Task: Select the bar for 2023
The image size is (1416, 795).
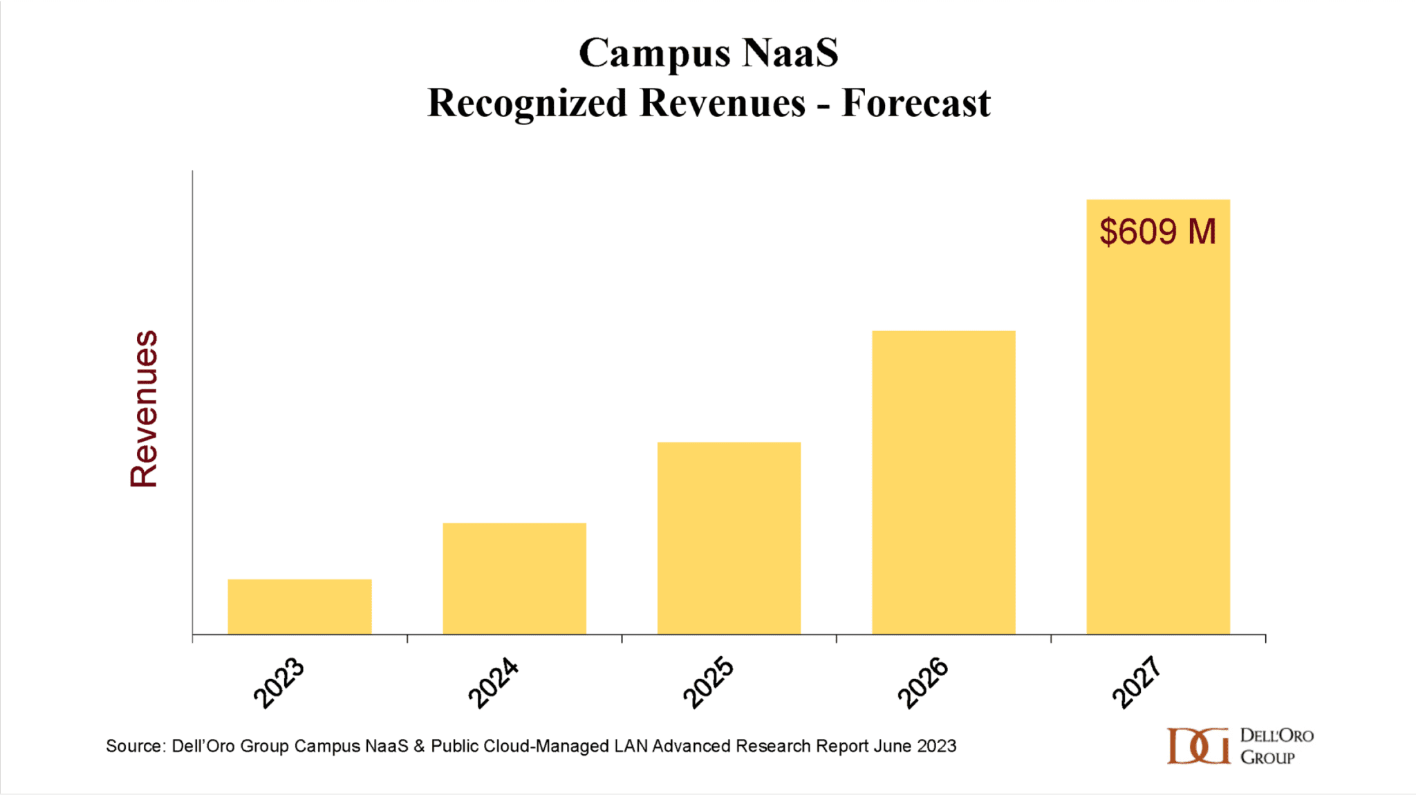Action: [x=299, y=606]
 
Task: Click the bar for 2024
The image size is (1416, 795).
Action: [x=514, y=578]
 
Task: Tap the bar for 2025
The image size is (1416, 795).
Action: [x=729, y=538]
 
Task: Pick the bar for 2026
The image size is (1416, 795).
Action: [x=943, y=482]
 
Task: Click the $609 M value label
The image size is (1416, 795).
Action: [x=1157, y=232]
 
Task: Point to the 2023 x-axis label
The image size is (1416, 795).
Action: [x=279, y=682]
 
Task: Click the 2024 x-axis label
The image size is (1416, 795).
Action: [x=494, y=682]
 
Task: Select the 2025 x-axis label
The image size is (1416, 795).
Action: [x=708, y=682]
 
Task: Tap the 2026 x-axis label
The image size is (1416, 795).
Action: [x=923, y=682]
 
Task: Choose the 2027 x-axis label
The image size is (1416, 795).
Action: [x=1137, y=682]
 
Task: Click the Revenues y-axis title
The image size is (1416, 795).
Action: [x=144, y=409]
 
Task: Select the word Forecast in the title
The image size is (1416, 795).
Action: [x=915, y=104]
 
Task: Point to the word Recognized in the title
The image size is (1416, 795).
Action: [x=527, y=104]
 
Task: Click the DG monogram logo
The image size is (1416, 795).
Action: [x=1198, y=746]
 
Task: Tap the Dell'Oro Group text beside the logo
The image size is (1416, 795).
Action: [x=1276, y=746]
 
